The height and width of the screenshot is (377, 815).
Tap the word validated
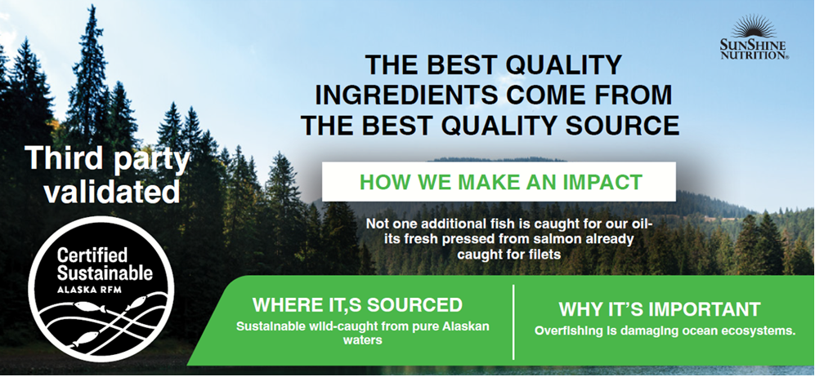tap(112, 191)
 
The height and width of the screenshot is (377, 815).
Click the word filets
tap(546, 255)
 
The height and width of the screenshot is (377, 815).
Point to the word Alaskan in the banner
tap(470, 327)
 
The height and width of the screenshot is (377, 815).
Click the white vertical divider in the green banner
tap(513, 322)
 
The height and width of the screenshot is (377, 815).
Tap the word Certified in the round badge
tap(92, 255)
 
